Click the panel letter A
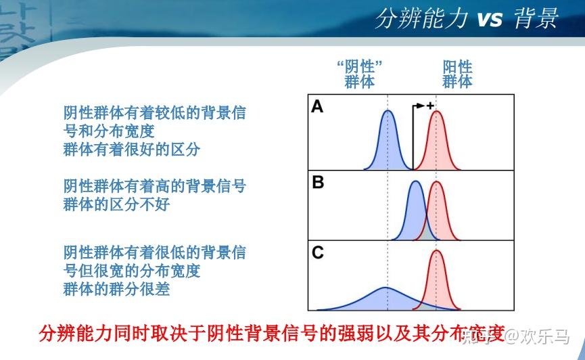click(x=317, y=106)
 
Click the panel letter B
click(x=318, y=182)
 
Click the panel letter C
click(x=317, y=253)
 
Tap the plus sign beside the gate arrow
click(x=431, y=106)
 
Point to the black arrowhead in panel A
click(x=421, y=106)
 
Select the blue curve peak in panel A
click(x=388, y=111)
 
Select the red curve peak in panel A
click(x=436, y=112)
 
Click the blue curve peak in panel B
click(x=416, y=182)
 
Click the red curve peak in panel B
click(x=436, y=182)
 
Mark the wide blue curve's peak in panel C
click(x=385, y=288)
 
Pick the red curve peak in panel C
click(x=436, y=251)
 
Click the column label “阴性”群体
click(x=359, y=74)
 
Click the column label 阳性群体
click(x=457, y=74)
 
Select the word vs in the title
click(x=490, y=19)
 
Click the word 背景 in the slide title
click(x=536, y=18)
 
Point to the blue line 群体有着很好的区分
click(x=132, y=150)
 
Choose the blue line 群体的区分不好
click(x=117, y=204)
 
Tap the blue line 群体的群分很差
click(x=117, y=289)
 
